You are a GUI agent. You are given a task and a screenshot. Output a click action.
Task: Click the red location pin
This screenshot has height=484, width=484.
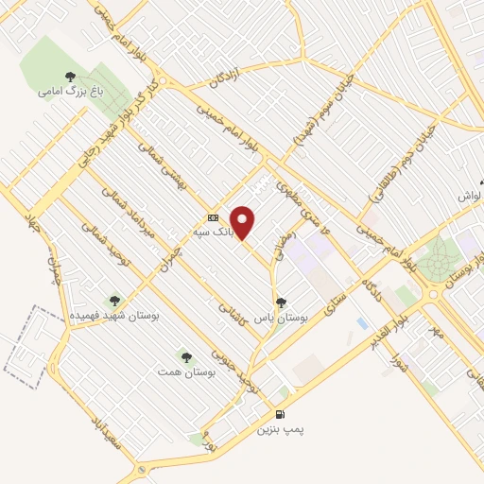pos(243,221)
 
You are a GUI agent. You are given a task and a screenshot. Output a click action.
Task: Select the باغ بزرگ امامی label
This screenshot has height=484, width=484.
pos(64,92)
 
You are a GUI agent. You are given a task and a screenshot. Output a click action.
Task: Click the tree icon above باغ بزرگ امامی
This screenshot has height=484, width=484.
pos(68,77)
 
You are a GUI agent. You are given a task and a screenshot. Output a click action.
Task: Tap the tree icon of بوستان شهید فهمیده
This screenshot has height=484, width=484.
pos(115,301)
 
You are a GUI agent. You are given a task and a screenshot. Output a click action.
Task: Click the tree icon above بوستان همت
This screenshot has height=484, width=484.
pos(185,357)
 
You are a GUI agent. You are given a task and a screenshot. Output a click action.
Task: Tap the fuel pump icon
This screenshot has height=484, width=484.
pos(280,414)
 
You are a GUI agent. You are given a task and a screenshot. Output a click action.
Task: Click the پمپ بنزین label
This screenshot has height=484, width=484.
pos(282,429)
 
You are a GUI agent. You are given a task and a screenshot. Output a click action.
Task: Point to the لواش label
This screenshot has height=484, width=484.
pos(471,195)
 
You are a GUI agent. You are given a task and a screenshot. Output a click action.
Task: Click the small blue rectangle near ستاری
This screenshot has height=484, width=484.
pos(363,323)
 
